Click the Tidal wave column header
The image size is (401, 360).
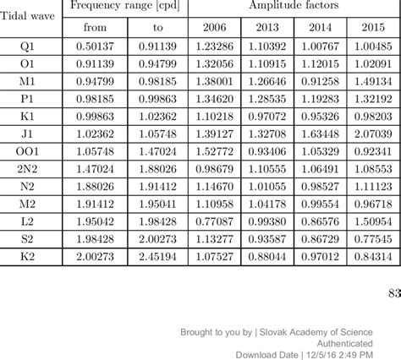tap(29, 17)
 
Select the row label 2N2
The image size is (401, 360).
tap(29, 171)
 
